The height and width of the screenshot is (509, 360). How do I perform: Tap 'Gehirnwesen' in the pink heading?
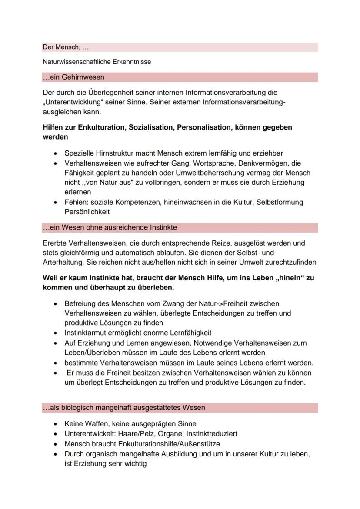pyautogui.click(x=86, y=77)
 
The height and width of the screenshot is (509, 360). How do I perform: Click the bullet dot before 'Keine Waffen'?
pyautogui.click(x=55, y=424)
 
